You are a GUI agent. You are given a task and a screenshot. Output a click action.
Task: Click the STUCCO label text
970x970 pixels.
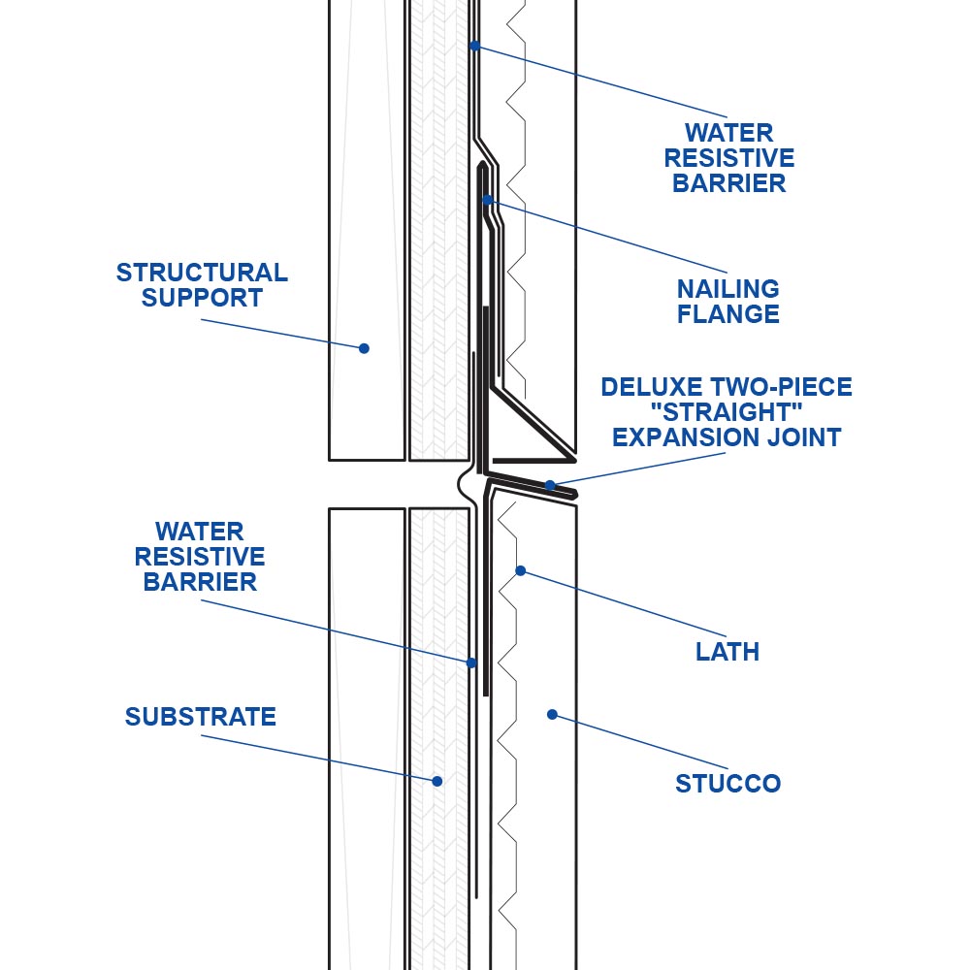727,784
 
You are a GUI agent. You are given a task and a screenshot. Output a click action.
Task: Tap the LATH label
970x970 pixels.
727,652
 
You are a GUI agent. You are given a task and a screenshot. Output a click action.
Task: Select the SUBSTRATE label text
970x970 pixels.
201,717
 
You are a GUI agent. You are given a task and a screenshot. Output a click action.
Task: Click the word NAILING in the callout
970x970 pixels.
727,289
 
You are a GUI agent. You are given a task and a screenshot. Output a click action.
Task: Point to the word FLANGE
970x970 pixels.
727,314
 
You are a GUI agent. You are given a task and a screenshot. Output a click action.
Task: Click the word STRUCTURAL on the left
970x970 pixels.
202,273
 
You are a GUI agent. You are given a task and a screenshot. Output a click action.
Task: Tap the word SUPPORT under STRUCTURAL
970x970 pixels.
202,298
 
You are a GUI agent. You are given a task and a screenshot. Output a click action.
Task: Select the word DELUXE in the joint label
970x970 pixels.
652,387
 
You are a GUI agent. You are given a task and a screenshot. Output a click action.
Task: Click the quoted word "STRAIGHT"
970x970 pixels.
727,412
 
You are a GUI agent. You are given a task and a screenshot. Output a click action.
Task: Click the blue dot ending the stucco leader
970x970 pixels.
553,715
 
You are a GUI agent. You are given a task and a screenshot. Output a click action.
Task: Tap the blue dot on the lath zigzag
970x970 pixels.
520,570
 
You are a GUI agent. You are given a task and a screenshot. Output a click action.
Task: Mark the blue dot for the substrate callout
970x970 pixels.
436,781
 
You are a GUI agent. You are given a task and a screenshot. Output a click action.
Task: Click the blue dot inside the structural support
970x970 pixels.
364,348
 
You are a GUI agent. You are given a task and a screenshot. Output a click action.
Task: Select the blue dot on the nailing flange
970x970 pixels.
487,199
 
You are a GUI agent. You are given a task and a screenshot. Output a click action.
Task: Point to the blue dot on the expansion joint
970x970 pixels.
549,485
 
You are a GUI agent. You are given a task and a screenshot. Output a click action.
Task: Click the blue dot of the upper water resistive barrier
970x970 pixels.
474,46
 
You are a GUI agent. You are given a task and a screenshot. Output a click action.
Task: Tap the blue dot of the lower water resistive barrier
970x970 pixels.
470,663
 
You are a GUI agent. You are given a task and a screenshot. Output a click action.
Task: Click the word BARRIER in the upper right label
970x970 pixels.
728,183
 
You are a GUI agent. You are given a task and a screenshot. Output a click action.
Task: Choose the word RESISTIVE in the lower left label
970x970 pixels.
199,557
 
